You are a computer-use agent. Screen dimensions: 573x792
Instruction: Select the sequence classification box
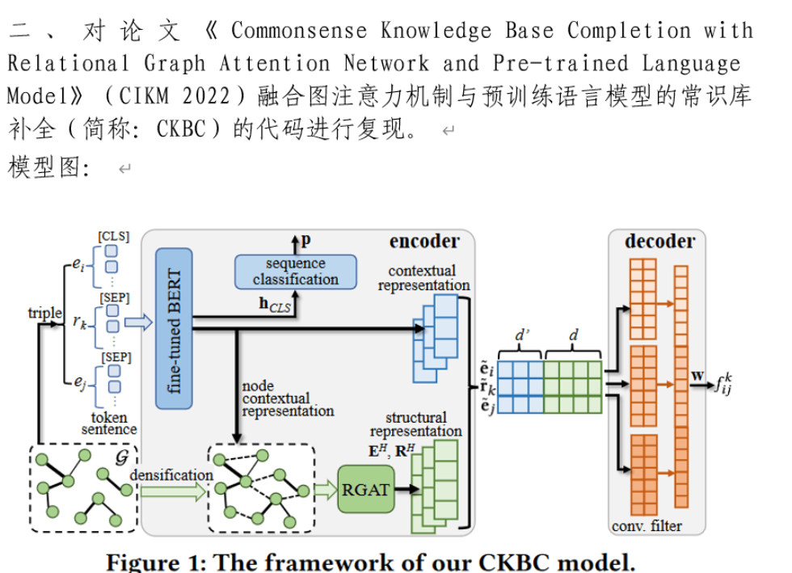pyautogui.click(x=295, y=272)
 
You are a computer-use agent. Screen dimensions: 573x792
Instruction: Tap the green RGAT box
pyautogui.click(x=364, y=489)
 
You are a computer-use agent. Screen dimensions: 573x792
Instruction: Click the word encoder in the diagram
pyautogui.click(x=423, y=241)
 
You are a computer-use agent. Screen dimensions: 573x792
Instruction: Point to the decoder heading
pyautogui.click(x=659, y=241)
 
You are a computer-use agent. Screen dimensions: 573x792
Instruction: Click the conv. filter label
pyautogui.click(x=647, y=526)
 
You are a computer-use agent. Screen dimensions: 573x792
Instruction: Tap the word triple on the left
pyautogui.click(x=44, y=314)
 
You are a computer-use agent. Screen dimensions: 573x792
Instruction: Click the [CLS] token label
pyautogui.click(x=113, y=236)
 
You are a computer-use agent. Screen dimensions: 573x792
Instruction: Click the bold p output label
pyautogui.click(x=305, y=240)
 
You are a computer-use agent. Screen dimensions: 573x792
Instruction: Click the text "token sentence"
pyautogui.click(x=109, y=423)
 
